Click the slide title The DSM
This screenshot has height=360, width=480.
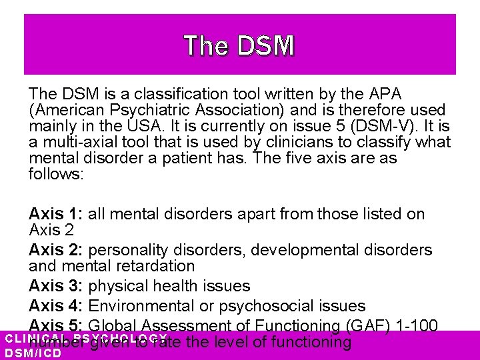pos(239,45)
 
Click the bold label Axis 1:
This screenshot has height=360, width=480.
pos(56,214)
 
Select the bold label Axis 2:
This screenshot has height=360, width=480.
pos(56,250)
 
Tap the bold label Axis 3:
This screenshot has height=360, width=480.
pos(56,286)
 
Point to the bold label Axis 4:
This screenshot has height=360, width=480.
pos(56,305)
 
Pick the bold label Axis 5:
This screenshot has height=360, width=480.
pos(56,325)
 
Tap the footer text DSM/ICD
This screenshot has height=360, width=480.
pos(33,353)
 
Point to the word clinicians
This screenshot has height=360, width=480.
pos(265,142)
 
